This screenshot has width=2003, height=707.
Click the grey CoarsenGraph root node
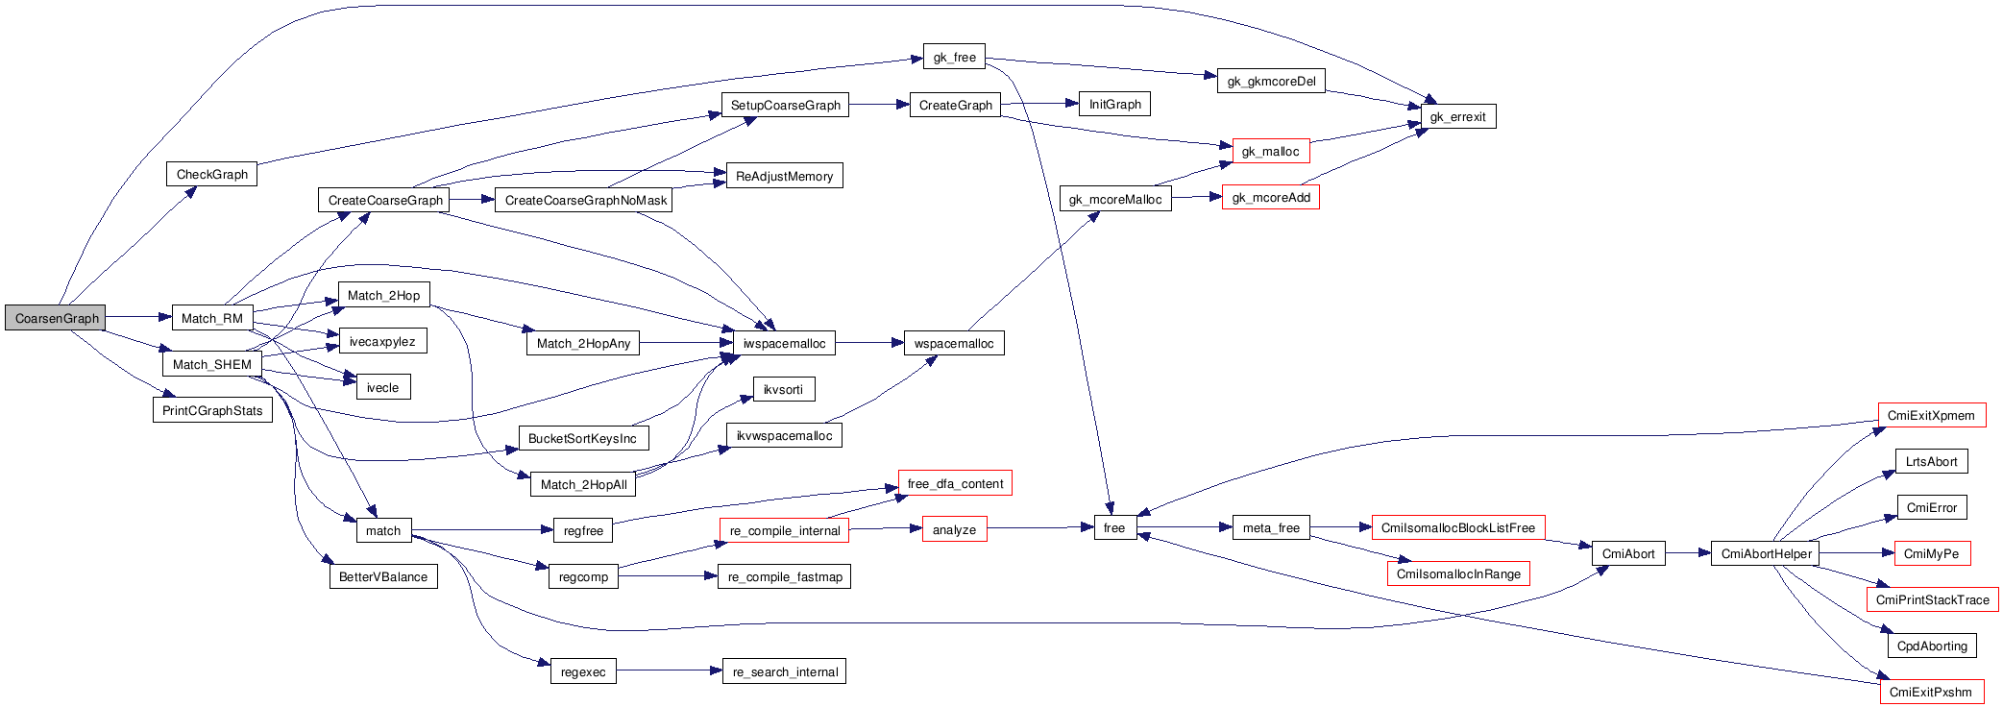pos(56,318)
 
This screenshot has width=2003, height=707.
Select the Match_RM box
pos(212,318)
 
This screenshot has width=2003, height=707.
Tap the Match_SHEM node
pos(212,364)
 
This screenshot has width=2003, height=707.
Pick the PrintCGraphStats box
pos(212,410)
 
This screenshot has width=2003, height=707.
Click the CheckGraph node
pos(212,174)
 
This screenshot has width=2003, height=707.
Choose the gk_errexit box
pos(1457,117)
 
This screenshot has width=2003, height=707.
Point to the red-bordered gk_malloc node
pos(1270,151)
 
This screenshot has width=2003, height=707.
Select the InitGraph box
pos(1114,104)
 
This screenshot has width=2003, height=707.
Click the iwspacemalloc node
pos(784,343)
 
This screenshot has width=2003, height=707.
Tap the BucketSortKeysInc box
pos(582,438)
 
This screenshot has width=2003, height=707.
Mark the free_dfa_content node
pos(955,483)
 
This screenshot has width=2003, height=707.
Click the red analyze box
pos(954,529)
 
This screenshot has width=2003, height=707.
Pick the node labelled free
pos(1114,527)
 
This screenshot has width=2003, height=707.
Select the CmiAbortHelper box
pos(1766,553)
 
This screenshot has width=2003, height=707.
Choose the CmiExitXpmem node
pos(1931,415)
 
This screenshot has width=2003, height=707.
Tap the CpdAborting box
pos(1932,646)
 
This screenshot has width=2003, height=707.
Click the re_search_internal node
pos(785,671)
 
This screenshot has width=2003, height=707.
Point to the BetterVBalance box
pos(382,576)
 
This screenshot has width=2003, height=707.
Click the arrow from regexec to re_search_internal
pos(669,670)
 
